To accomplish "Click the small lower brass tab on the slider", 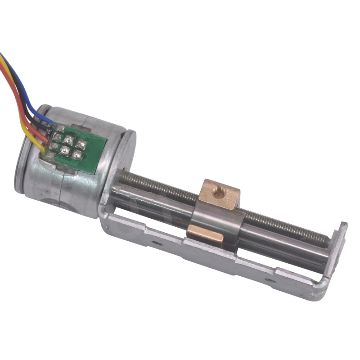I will pyautogui.click(x=204, y=234).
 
